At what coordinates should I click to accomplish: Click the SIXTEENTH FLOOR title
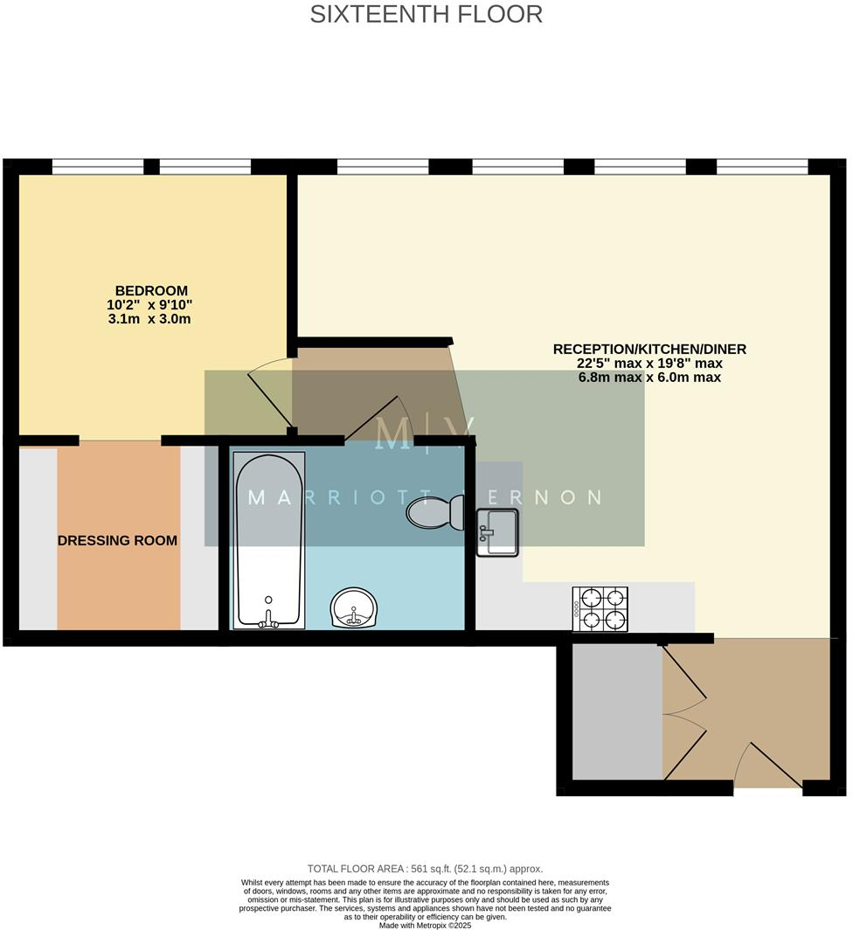click(426, 14)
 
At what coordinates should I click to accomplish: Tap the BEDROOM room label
click(151, 290)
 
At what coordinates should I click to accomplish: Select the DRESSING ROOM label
click(117, 540)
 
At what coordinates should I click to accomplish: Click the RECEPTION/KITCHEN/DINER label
click(649, 349)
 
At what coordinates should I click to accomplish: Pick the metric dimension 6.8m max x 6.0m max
click(649, 378)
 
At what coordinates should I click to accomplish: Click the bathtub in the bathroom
click(269, 538)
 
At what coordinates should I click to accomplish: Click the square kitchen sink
click(497, 533)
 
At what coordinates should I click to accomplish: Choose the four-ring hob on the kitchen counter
click(600, 609)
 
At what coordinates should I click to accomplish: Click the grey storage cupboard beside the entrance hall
click(616, 711)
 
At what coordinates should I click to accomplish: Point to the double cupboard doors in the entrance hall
click(684, 711)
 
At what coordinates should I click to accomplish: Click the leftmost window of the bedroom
click(97, 166)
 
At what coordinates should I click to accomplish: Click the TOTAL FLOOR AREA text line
click(425, 868)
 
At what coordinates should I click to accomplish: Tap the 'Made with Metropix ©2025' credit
click(425, 925)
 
